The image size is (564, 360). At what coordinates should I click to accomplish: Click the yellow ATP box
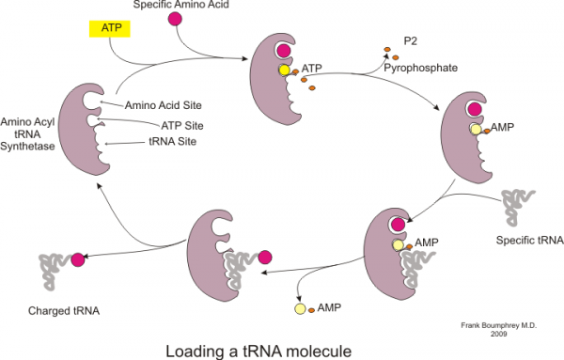point(104,29)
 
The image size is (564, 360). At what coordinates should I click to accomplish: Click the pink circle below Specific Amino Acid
point(174,20)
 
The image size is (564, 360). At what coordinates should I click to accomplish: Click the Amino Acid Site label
point(165,104)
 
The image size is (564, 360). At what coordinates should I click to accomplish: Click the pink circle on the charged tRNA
point(78,259)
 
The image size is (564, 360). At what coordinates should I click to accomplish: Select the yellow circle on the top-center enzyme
point(282,70)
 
